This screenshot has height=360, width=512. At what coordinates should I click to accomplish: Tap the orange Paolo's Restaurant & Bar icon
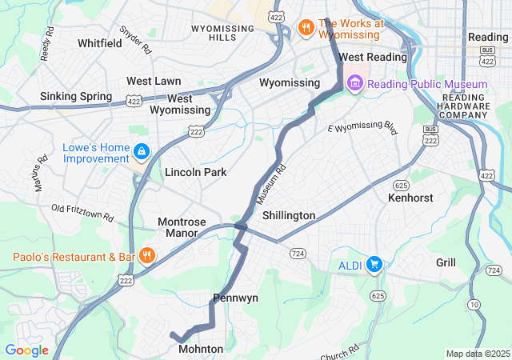tap(146, 257)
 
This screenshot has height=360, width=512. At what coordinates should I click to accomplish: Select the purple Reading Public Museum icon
tap(356, 84)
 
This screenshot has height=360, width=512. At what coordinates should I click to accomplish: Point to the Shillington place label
tap(289, 216)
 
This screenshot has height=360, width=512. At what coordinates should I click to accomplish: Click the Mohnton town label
tap(201, 350)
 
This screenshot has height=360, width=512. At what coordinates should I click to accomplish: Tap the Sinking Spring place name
tap(76, 97)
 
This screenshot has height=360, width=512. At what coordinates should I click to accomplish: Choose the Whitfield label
tap(100, 43)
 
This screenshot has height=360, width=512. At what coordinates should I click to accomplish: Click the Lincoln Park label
tap(196, 172)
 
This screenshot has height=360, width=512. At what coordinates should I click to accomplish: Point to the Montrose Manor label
tap(182, 227)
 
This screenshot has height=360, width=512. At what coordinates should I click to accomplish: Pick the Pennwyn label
tap(235, 298)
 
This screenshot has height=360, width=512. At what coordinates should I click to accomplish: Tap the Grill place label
tap(446, 262)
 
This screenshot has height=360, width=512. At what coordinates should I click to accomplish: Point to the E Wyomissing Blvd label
tap(362, 128)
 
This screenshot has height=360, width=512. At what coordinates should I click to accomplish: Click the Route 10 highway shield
tap(474, 305)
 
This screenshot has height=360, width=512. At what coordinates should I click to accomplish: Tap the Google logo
tap(26, 350)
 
